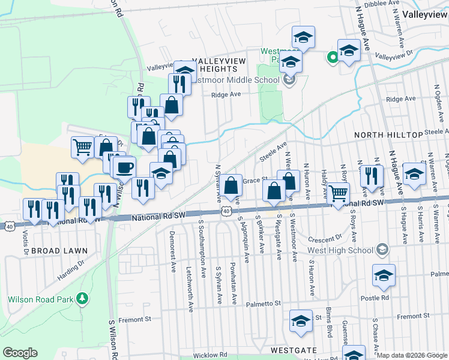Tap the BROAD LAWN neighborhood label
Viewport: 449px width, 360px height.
click(x=59, y=250)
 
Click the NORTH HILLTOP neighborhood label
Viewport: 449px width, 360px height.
click(x=388, y=135)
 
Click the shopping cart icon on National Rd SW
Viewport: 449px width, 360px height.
click(x=339, y=193)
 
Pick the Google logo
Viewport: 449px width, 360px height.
click(x=20, y=353)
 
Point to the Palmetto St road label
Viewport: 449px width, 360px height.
click(x=259, y=304)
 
